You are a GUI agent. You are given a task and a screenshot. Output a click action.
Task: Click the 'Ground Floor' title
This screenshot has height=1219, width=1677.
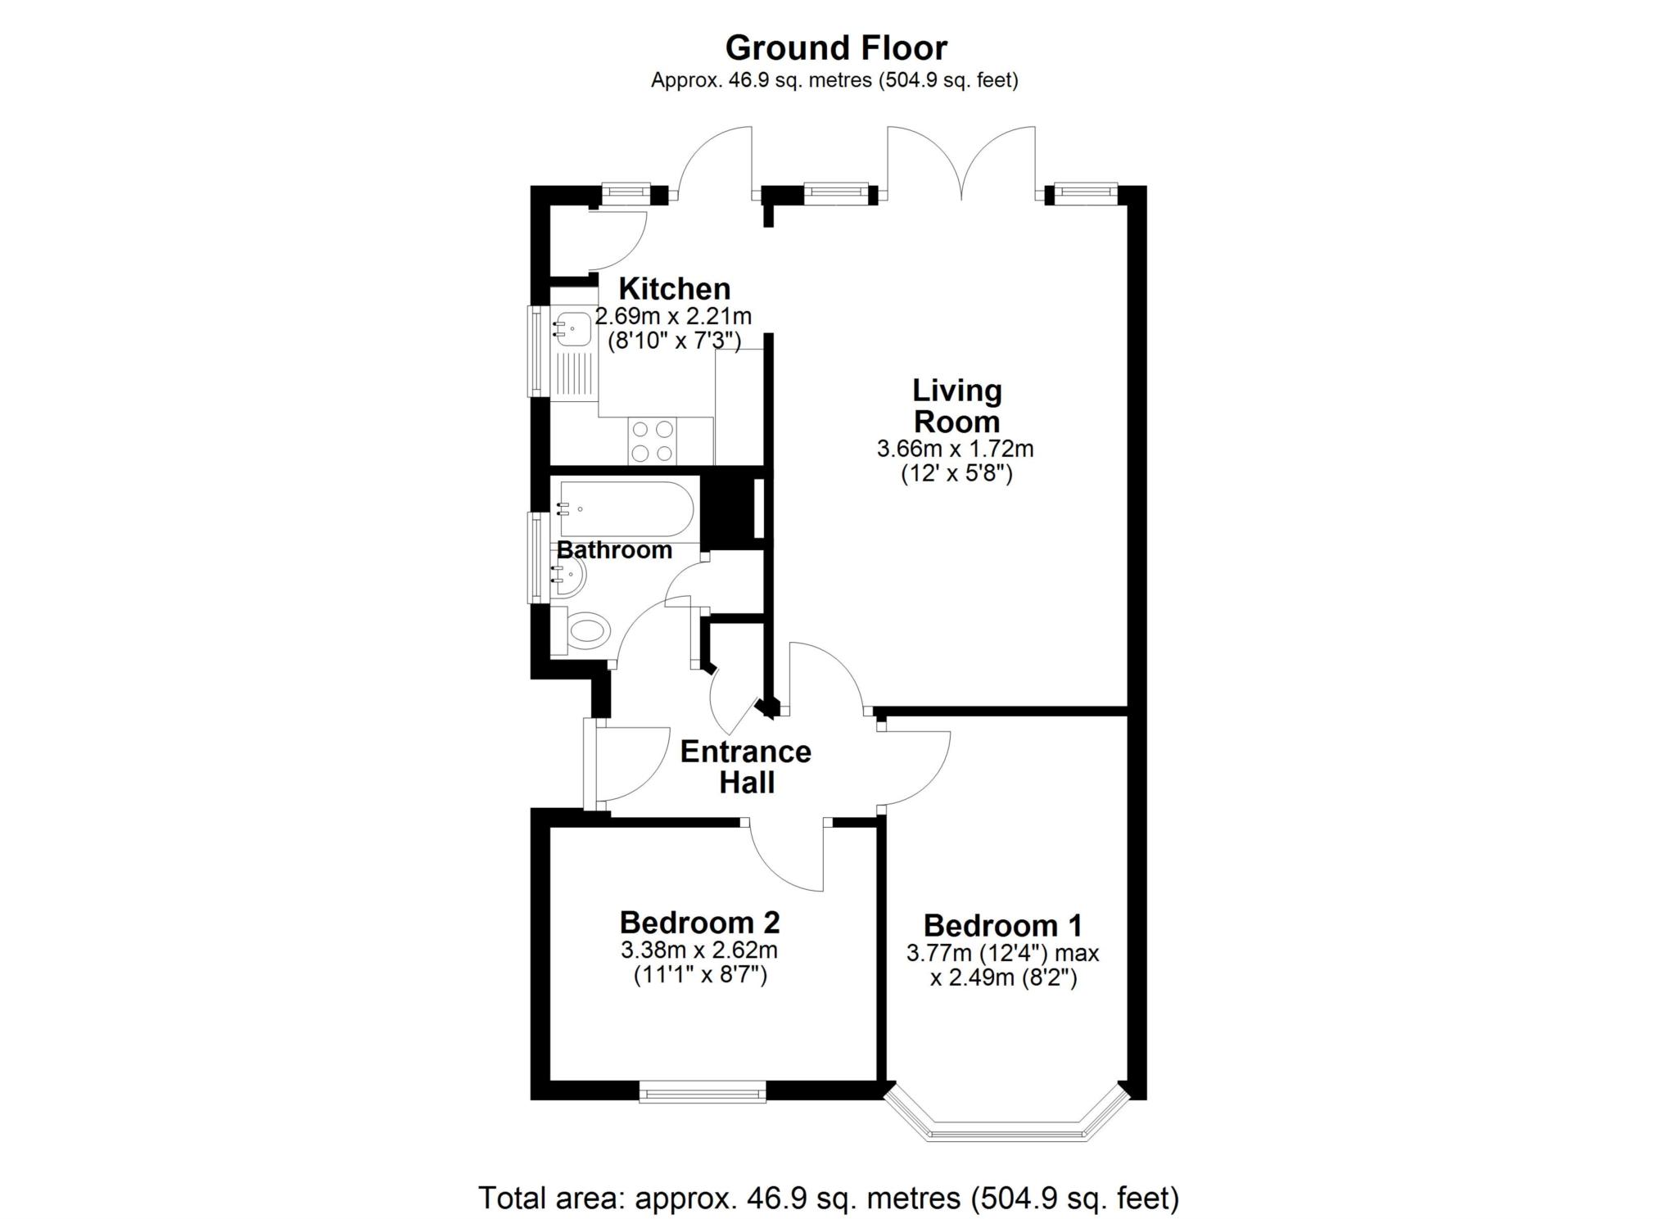click(836, 47)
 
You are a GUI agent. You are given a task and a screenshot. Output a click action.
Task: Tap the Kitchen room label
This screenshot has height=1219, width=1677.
click(674, 288)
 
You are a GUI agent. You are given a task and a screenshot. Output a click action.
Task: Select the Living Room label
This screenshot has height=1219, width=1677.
click(956, 406)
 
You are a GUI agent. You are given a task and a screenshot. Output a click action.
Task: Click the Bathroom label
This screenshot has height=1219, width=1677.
click(614, 549)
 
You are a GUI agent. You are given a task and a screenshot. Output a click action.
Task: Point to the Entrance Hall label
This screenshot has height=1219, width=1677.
click(746, 767)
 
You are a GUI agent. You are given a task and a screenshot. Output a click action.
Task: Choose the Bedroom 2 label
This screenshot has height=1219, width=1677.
click(699, 922)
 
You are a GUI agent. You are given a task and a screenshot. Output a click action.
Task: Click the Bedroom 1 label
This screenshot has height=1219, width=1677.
click(1002, 925)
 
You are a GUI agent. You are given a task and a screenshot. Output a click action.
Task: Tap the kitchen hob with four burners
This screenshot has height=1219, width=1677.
click(653, 440)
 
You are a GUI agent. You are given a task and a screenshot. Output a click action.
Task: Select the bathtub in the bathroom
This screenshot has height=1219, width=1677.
click(626, 509)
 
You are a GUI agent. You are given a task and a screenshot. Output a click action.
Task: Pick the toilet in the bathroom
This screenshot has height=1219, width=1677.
click(582, 630)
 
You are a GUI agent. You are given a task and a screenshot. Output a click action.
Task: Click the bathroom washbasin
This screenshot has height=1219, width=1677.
click(568, 576)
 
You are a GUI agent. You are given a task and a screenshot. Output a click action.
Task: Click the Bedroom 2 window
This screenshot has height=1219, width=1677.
click(703, 1091)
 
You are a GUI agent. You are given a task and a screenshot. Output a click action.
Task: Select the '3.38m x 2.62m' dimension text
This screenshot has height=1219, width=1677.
click(699, 950)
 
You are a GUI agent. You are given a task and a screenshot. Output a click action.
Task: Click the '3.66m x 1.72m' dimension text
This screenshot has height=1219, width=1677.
click(955, 449)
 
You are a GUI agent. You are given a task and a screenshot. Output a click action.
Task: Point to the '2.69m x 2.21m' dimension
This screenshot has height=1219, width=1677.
click(673, 316)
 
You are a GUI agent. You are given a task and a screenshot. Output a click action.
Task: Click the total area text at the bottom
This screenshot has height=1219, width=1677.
click(829, 1198)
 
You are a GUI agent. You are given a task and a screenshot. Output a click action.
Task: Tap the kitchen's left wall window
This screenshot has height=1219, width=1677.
click(539, 351)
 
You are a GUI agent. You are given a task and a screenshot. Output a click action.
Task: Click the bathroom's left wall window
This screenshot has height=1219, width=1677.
click(539, 558)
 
